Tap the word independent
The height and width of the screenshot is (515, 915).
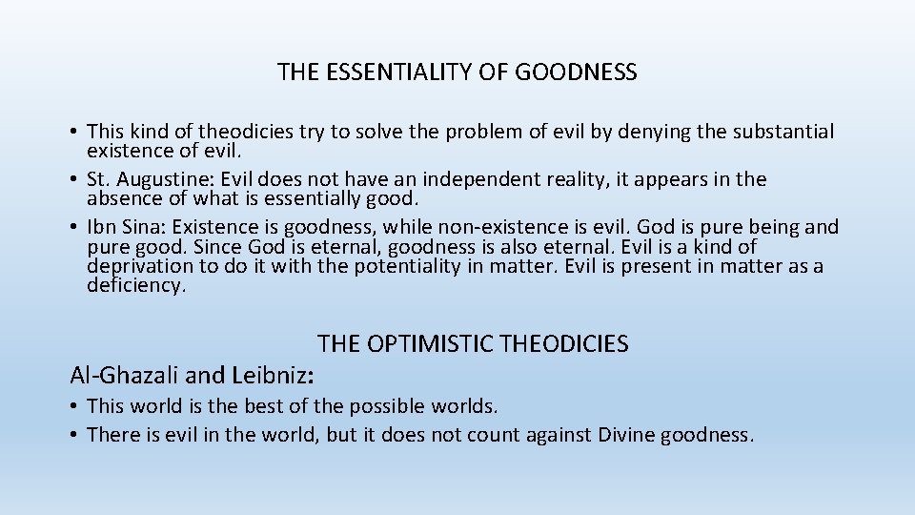point(476,179)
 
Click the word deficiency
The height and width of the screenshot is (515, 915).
point(135,285)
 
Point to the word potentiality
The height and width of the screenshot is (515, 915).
point(411,267)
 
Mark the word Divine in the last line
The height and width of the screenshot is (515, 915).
point(633,436)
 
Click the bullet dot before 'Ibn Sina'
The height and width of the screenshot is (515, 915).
point(73,228)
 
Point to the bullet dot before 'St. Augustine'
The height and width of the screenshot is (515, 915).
point(73,180)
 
